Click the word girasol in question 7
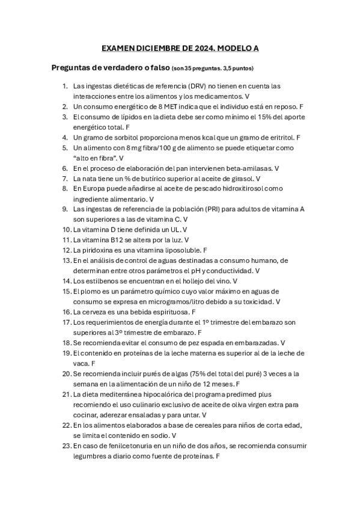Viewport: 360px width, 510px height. tap(240, 179)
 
